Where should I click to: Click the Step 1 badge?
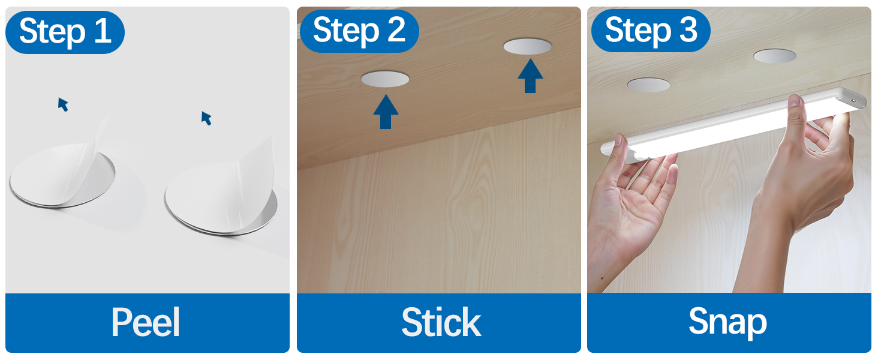(x=65, y=32)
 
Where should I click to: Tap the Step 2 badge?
(x=359, y=31)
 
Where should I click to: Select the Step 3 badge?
(x=651, y=31)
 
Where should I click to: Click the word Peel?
(x=146, y=322)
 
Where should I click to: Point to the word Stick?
(x=441, y=322)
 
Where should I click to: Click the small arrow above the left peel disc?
(x=63, y=104)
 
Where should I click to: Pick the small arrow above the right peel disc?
(x=206, y=118)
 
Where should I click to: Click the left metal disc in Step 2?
(x=385, y=79)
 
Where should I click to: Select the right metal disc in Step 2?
(x=527, y=46)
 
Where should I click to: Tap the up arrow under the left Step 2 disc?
(x=386, y=112)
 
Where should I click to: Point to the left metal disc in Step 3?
(x=648, y=85)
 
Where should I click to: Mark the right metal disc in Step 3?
(x=775, y=56)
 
